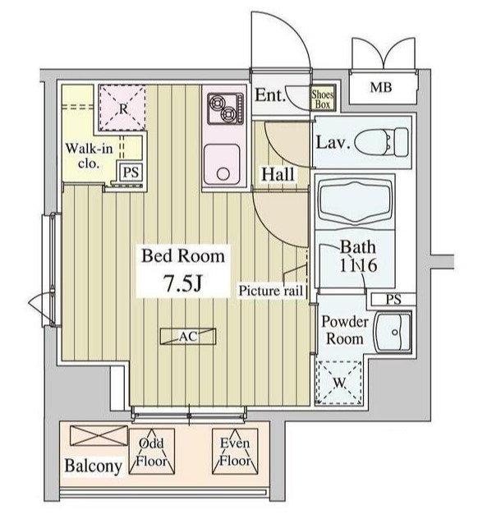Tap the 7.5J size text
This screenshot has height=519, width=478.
(183, 284)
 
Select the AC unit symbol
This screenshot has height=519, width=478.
(189, 335)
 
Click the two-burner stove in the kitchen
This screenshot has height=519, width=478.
(225, 107)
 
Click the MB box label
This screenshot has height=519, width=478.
(379, 88)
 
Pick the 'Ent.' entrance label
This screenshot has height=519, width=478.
(270, 96)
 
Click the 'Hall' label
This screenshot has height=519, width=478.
(278, 174)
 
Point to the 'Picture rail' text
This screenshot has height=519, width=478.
(272, 290)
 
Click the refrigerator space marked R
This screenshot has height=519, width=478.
(121, 107)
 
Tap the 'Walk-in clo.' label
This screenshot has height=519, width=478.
(85, 156)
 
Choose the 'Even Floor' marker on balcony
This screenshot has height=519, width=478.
(234, 452)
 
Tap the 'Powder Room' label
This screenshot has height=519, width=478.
(342, 329)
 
